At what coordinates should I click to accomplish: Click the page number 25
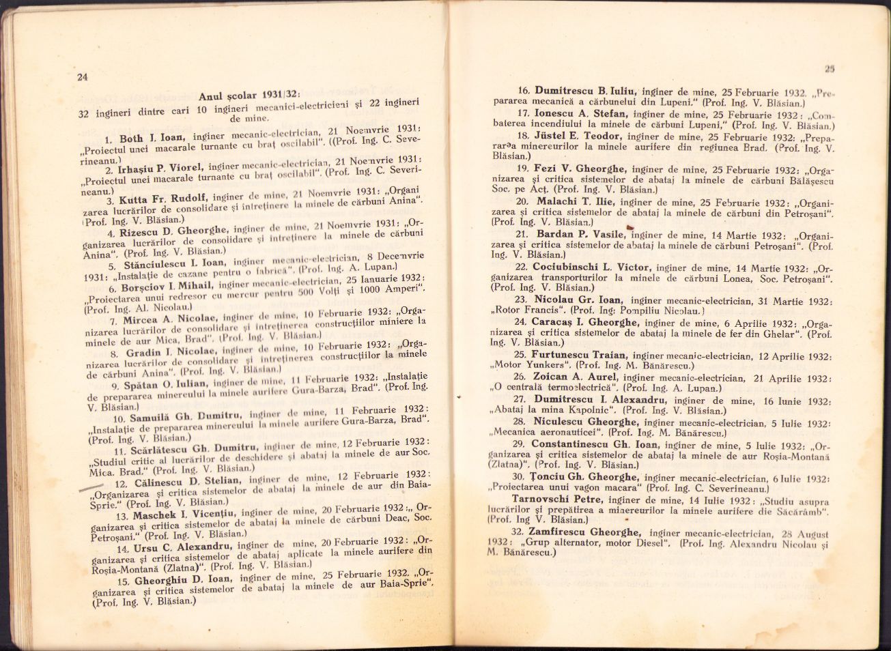point(830,68)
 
